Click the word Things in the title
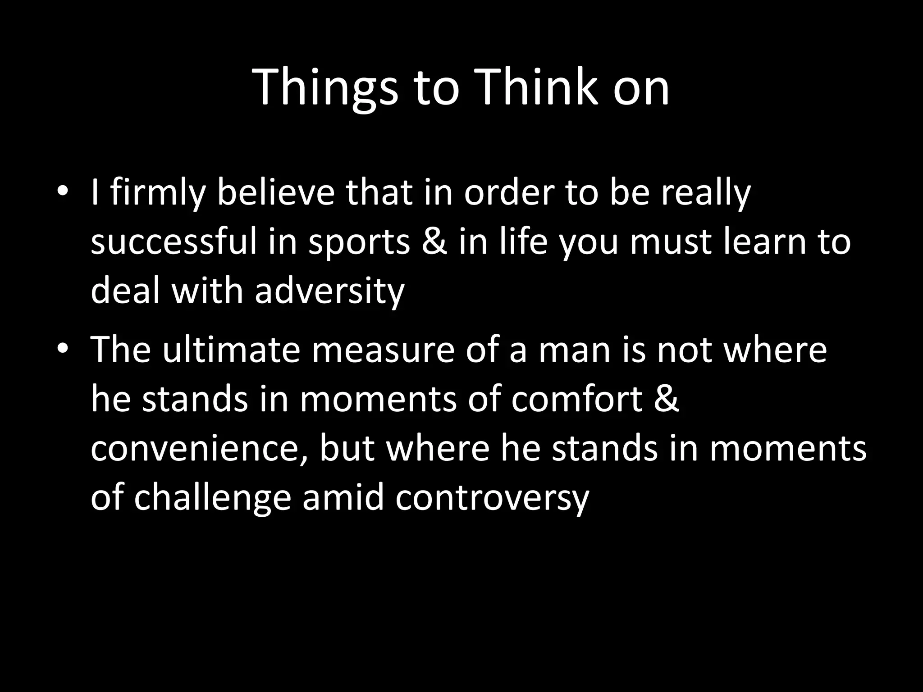[x=326, y=88]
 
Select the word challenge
[x=212, y=499]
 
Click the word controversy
[x=492, y=499]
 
